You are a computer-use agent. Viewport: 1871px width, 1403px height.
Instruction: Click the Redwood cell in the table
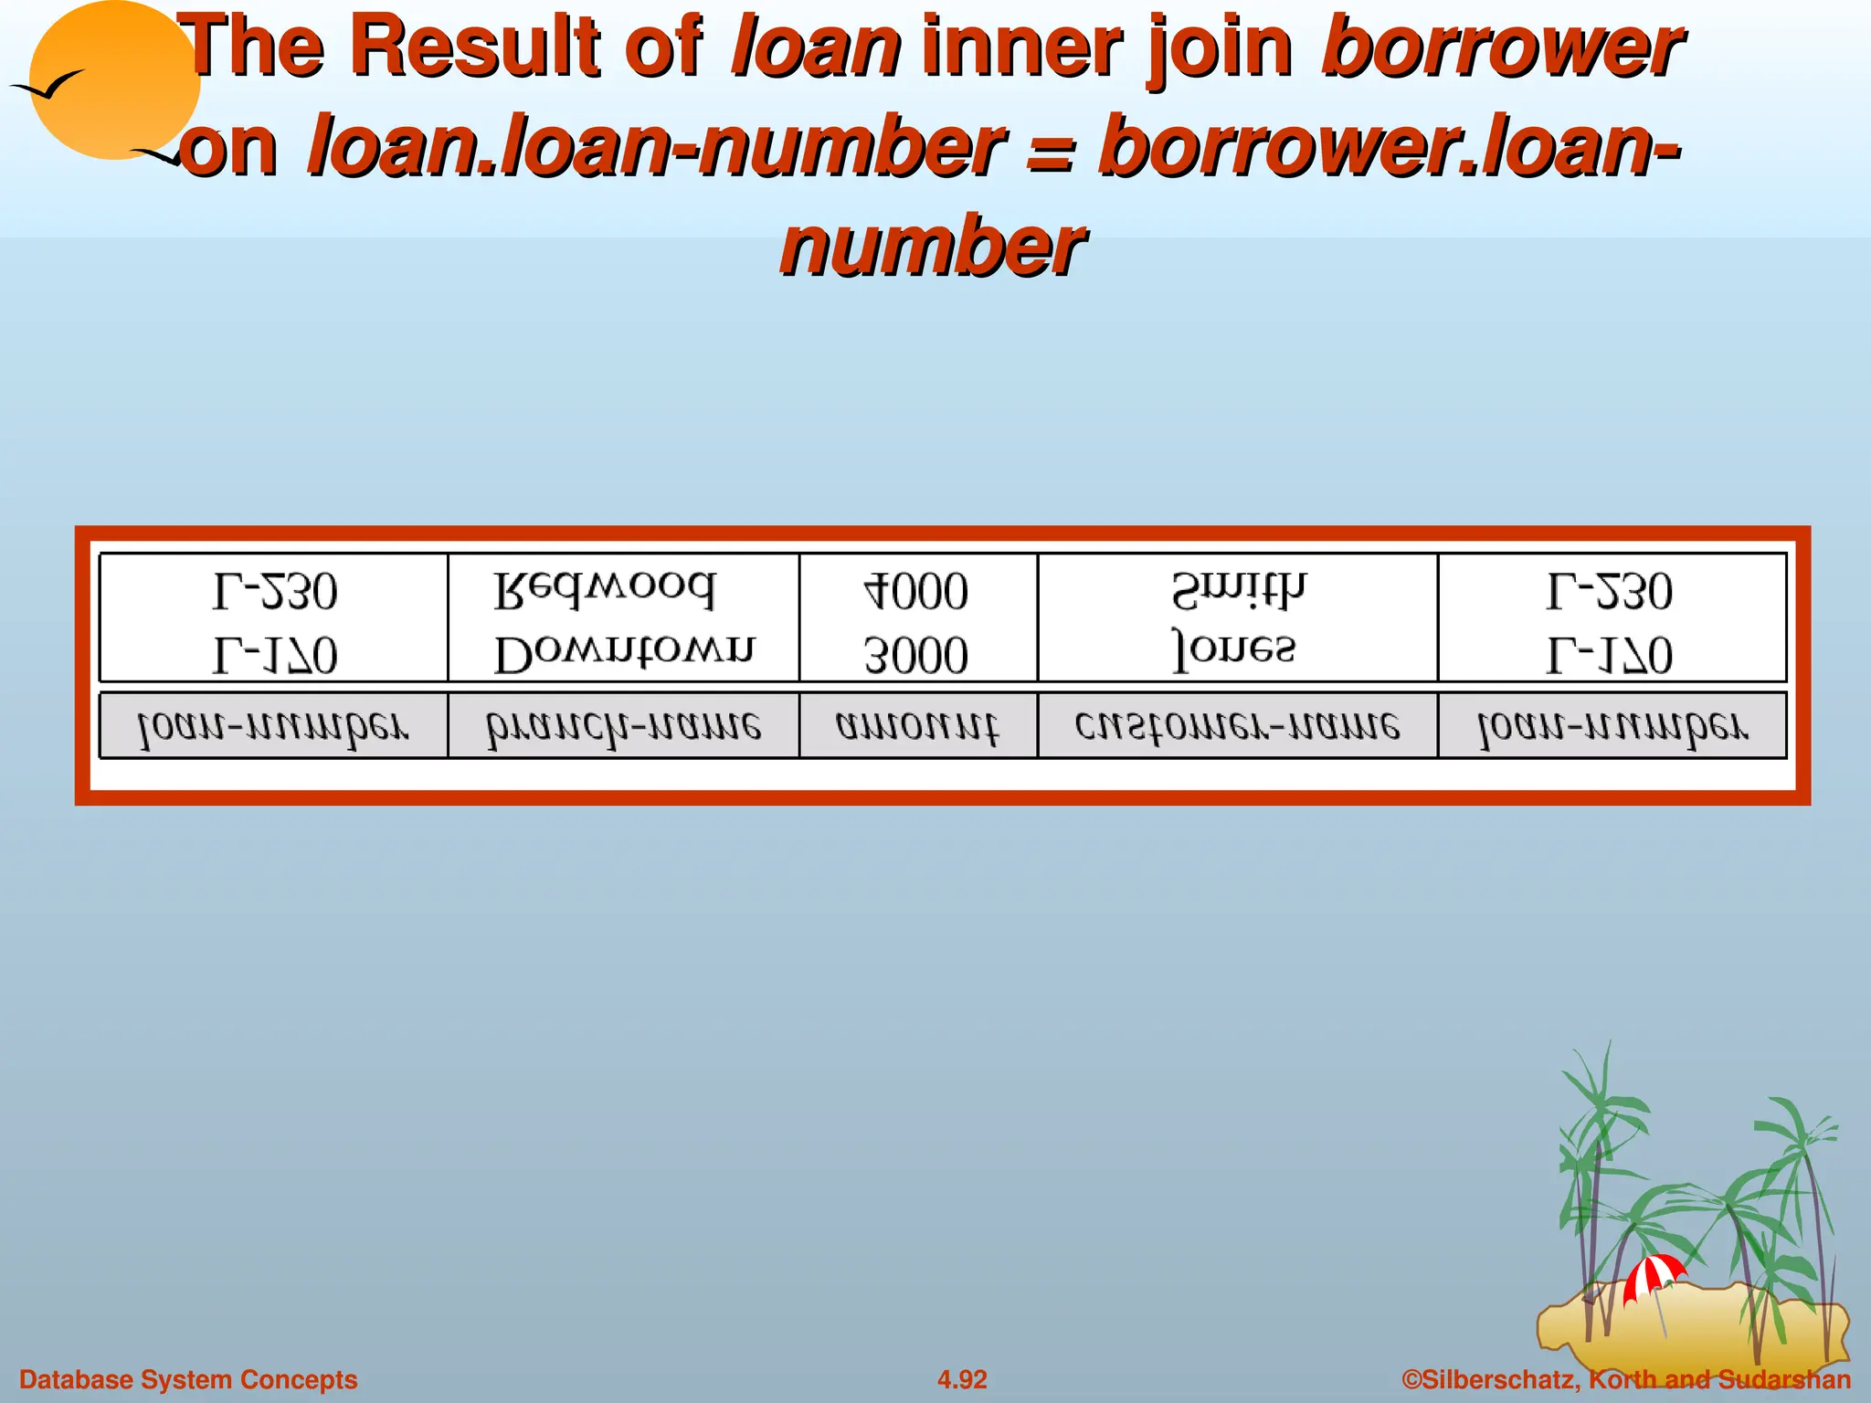(x=605, y=591)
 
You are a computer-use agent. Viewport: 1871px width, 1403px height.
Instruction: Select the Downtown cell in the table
(x=624, y=654)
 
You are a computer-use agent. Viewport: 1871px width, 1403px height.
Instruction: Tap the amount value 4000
(x=916, y=591)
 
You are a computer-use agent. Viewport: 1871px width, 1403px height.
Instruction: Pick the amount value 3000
(x=916, y=655)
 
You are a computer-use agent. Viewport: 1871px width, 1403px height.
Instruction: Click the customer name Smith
(x=1238, y=591)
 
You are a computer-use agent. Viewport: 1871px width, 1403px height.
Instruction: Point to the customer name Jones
(x=1233, y=650)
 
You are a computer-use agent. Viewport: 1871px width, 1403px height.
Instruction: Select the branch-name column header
(x=623, y=727)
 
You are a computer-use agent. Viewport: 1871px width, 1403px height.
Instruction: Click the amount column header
(x=917, y=727)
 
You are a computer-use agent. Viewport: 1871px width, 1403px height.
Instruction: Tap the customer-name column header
(x=1237, y=727)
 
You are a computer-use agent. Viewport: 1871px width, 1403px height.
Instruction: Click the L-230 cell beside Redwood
(x=275, y=591)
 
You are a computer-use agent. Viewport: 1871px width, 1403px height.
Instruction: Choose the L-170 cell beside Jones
(x=1610, y=655)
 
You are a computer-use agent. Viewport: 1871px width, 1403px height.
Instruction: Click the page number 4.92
(x=962, y=1379)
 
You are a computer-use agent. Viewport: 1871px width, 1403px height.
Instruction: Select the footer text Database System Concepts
(x=188, y=1379)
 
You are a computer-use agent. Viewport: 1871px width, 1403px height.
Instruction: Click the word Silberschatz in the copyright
(x=1489, y=1379)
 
